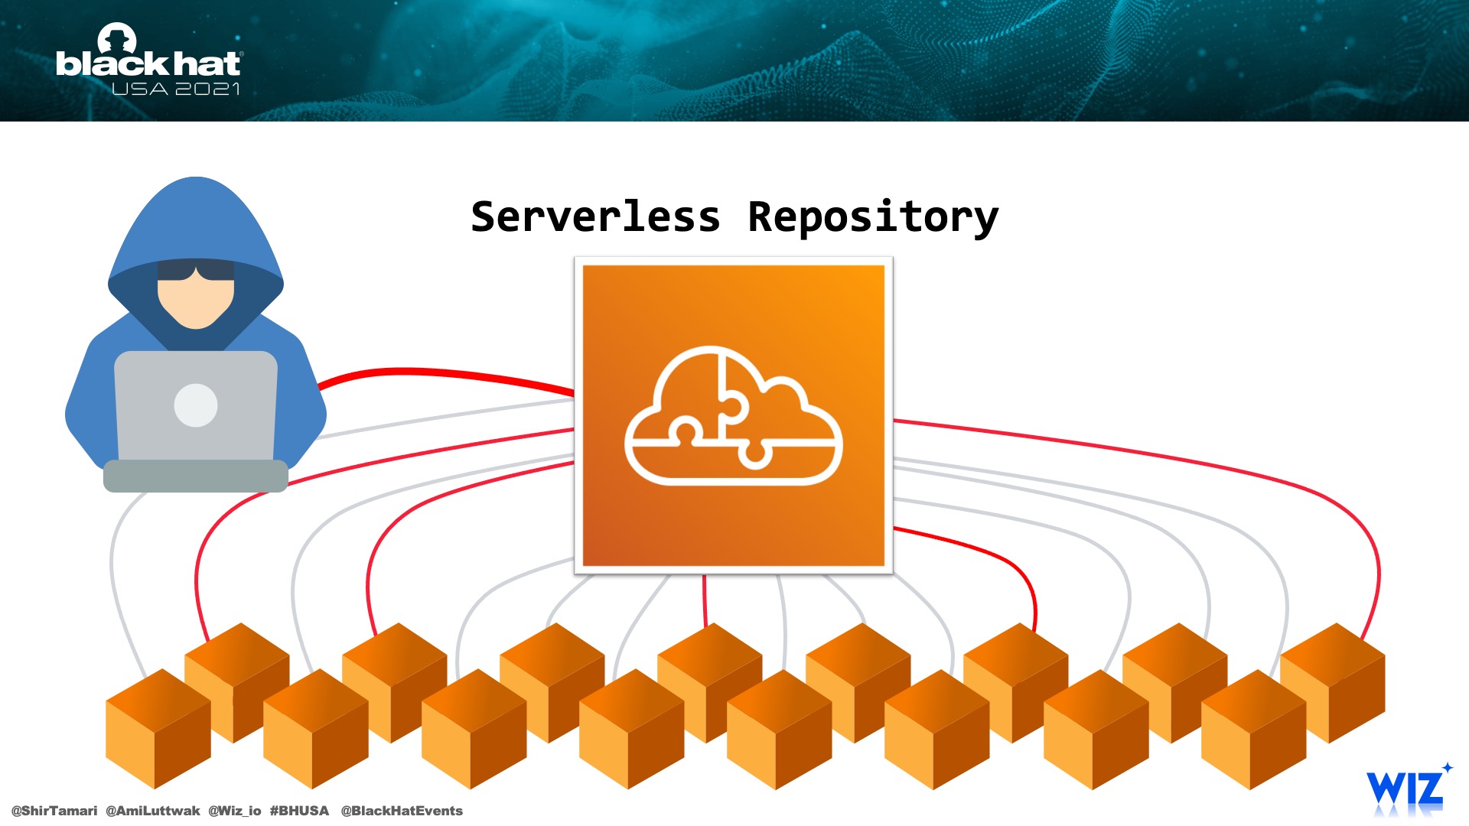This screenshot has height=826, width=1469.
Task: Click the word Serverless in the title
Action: point(595,217)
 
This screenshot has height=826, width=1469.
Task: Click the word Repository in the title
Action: point(873,219)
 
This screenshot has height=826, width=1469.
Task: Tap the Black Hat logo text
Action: point(148,63)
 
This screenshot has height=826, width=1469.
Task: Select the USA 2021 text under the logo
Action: point(176,89)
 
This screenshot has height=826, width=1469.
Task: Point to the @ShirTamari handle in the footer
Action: point(54,811)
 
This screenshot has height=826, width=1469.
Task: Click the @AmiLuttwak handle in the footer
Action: point(152,811)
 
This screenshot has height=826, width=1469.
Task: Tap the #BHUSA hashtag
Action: point(299,811)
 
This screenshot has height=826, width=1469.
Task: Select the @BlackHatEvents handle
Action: point(402,811)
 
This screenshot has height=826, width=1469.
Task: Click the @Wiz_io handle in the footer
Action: point(235,811)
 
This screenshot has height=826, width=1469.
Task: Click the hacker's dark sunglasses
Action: point(196,270)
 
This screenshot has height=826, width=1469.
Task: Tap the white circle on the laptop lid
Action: point(196,405)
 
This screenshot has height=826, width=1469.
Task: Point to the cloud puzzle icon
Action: point(734,415)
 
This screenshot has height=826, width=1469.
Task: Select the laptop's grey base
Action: point(196,476)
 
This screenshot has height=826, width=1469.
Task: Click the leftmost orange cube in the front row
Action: point(158,729)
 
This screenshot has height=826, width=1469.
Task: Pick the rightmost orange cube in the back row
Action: point(1332,683)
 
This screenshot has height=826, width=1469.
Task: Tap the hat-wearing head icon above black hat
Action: point(117,38)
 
